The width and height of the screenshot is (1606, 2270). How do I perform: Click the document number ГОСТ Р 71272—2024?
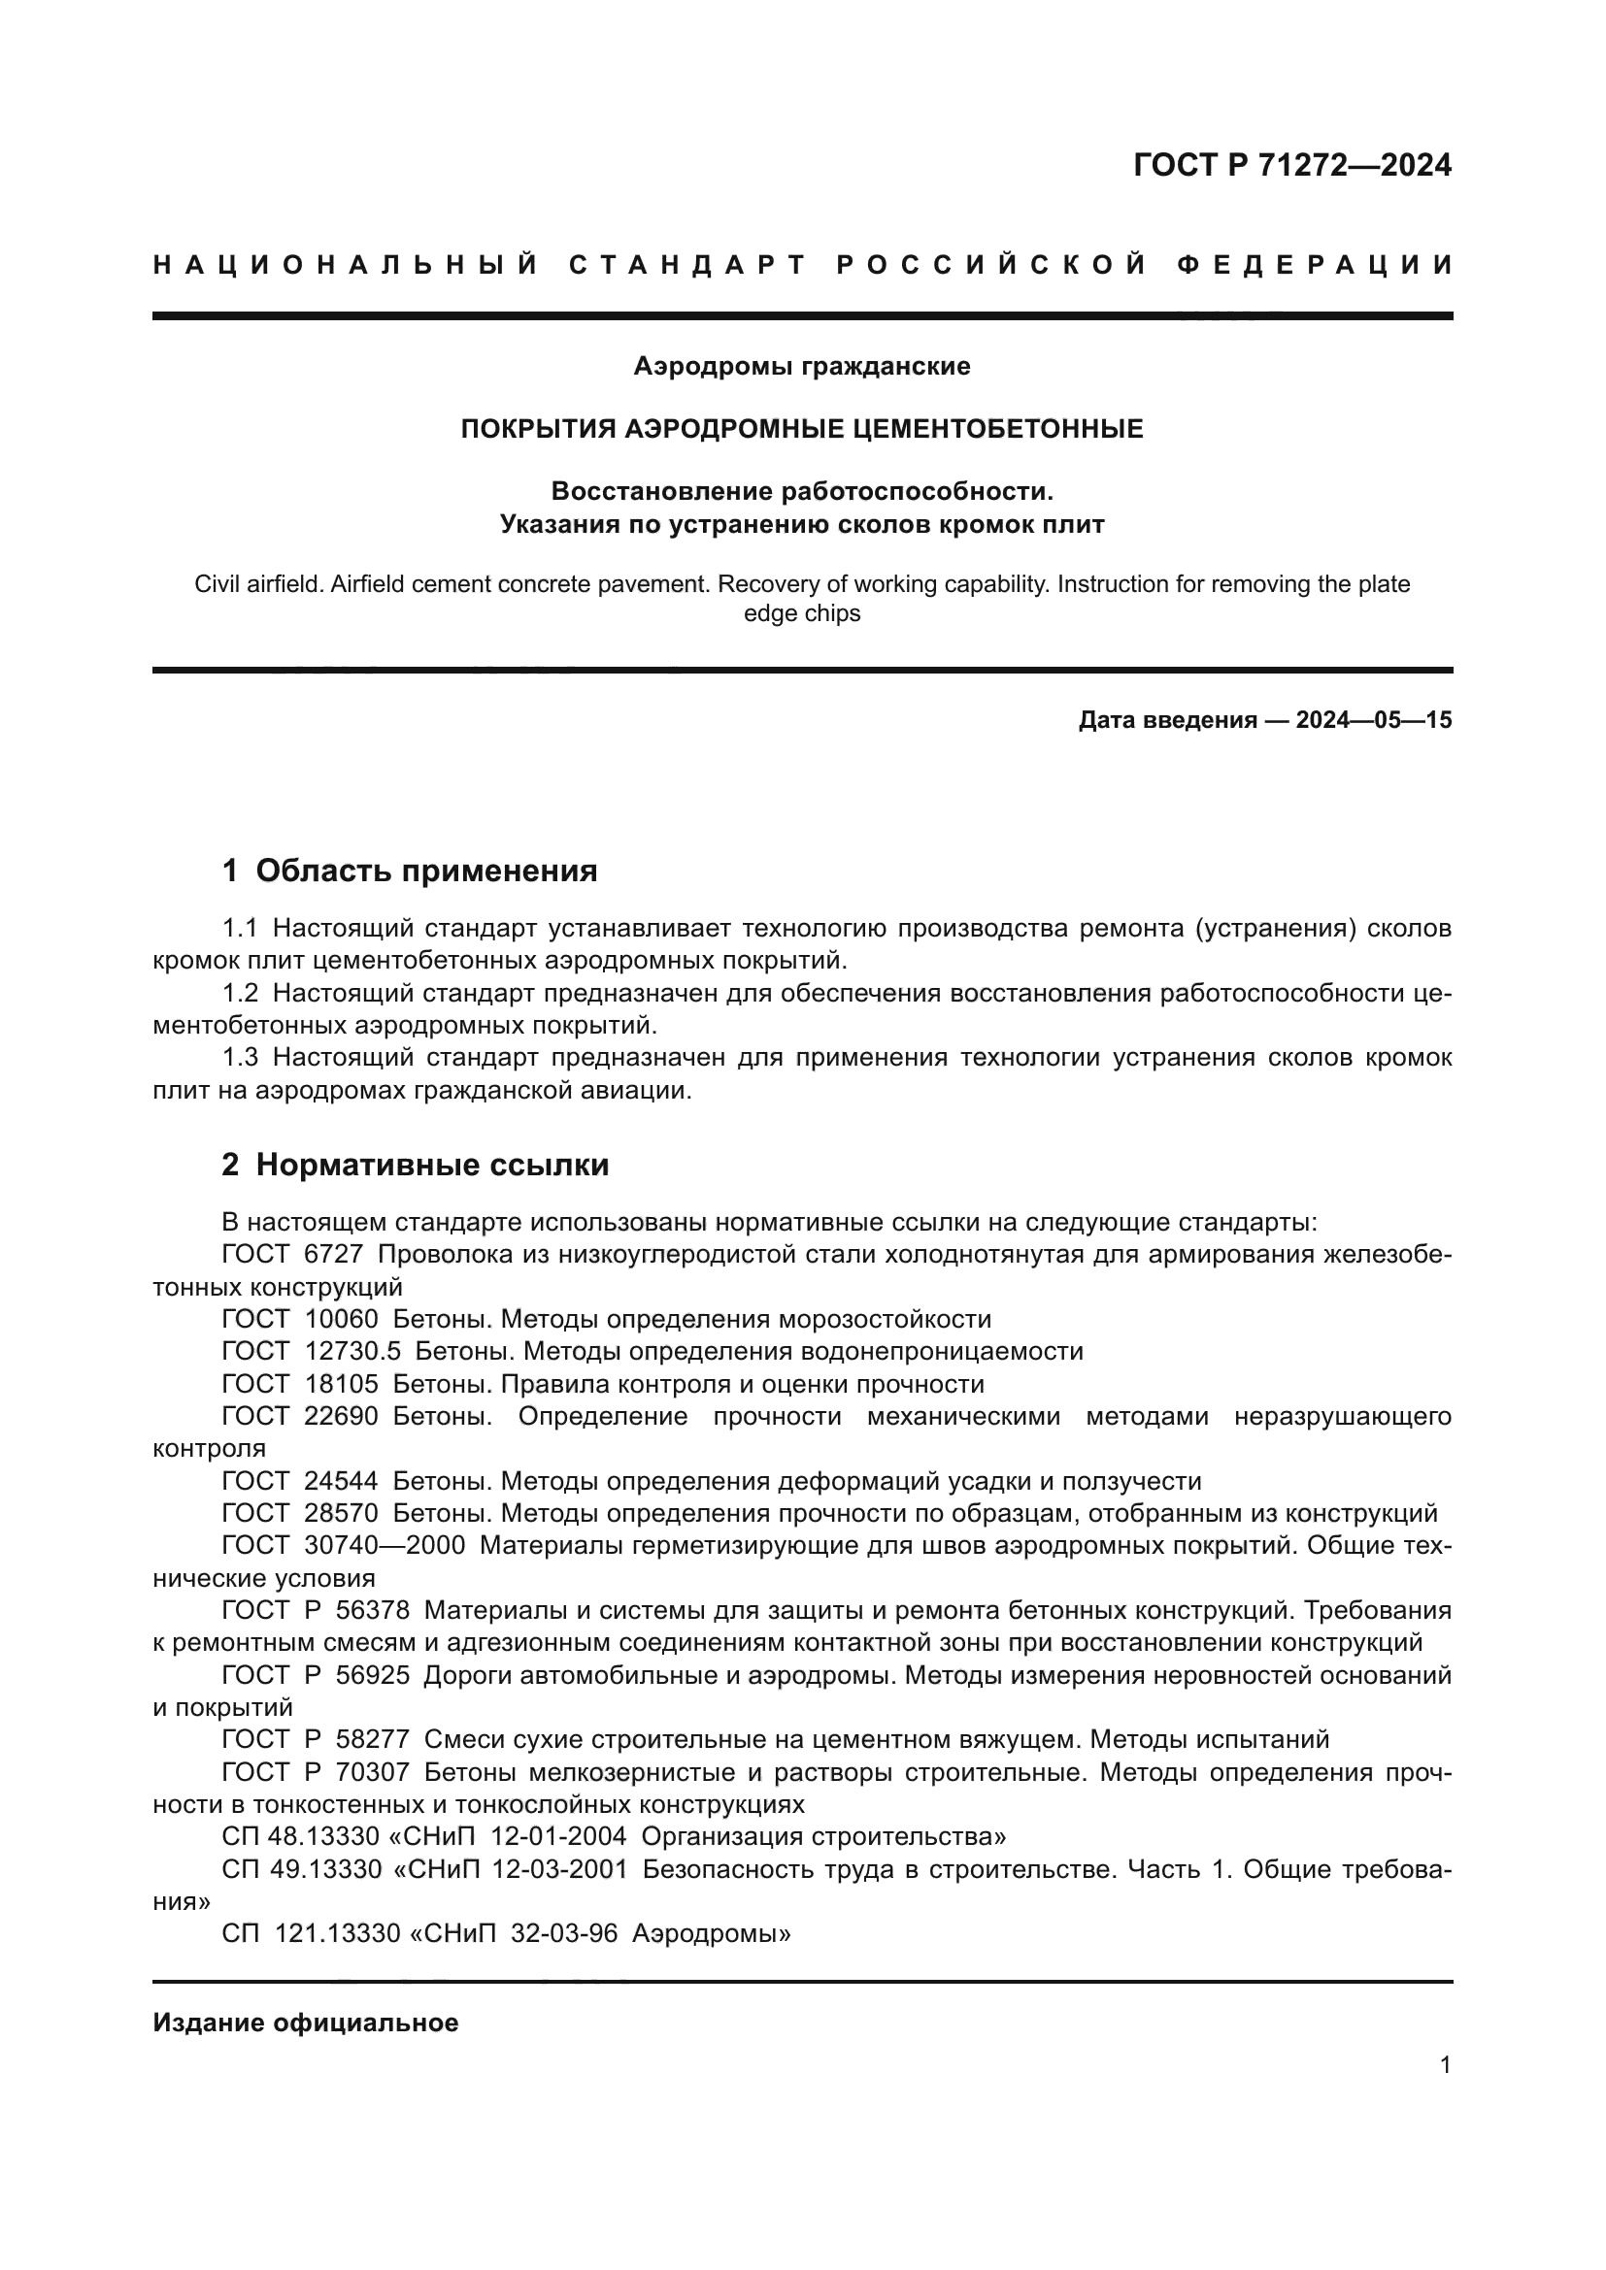1291,165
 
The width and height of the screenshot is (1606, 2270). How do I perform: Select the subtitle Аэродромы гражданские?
802,367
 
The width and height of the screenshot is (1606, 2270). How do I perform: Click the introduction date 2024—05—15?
1374,720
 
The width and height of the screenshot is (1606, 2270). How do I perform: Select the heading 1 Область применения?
410,871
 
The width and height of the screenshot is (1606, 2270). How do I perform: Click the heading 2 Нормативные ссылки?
416,1166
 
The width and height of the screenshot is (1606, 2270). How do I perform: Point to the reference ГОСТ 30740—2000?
343,1545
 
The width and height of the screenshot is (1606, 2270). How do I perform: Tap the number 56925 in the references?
372,1676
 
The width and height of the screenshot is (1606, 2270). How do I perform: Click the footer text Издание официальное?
306,2023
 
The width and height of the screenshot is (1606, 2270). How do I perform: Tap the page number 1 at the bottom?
1445,2065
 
